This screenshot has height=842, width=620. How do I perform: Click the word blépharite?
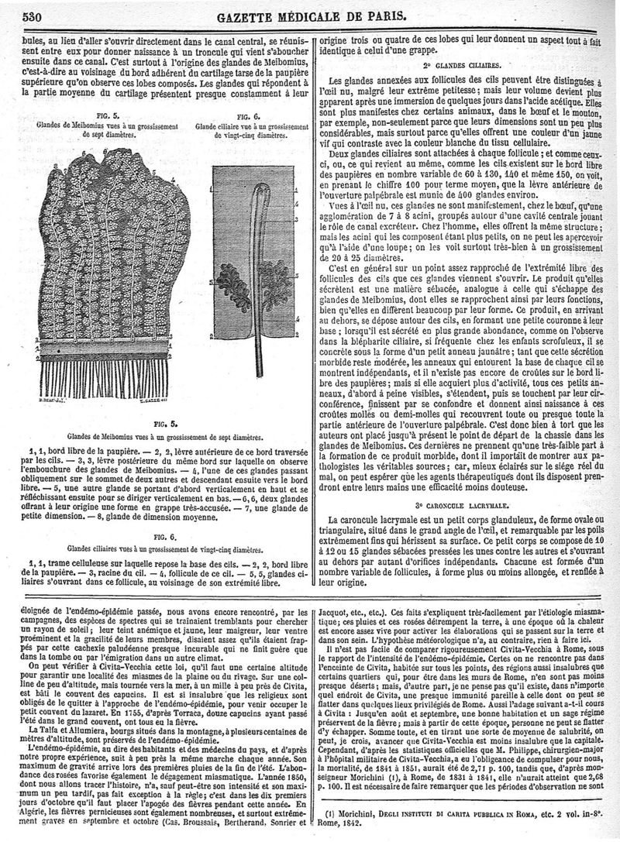[363, 340]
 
